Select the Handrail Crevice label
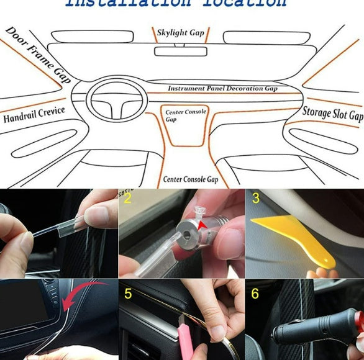coord(34,115)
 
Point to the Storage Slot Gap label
coord(332,113)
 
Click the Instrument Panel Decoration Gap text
coord(222,89)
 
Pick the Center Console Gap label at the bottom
coord(191,179)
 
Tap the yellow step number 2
coord(128,199)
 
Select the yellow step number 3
coord(255,199)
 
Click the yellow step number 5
coord(128,293)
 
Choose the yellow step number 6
coord(255,293)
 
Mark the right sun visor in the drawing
coord(264,37)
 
